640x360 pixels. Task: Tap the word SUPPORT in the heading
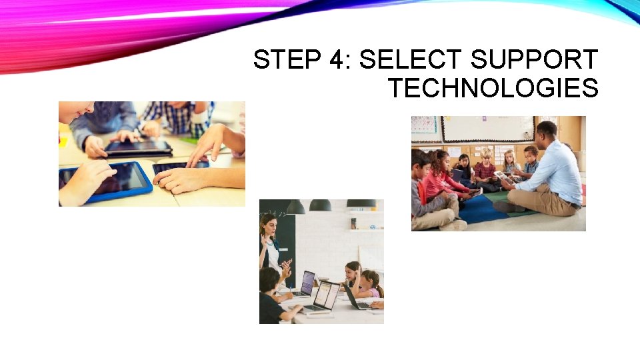[x=533, y=60]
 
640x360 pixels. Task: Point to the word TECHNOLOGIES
[x=493, y=88]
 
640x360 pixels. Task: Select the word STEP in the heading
[x=286, y=60]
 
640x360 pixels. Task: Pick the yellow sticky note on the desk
[x=63, y=141]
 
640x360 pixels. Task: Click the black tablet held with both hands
[x=138, y=147]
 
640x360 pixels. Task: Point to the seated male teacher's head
[x=546, y=130]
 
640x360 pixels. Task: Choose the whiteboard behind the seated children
[x=487, y=128]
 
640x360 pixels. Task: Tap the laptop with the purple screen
[x=307, y=282]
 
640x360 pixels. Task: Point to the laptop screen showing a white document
[x=326, y=295]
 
